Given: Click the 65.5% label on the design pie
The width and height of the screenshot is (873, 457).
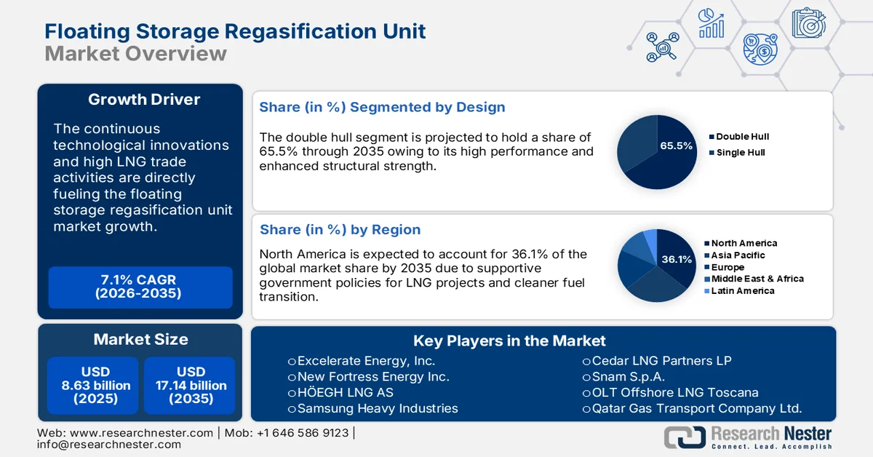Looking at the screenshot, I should pyautogui.click(x=676, y=146).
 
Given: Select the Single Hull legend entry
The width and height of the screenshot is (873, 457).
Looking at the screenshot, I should pyautogui.click(x=740, y=152).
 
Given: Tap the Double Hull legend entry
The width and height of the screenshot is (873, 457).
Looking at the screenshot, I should pyautogui.click(x=742, y=136).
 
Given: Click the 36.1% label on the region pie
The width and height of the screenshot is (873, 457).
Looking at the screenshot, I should pyautogui.click(x=677, y=259).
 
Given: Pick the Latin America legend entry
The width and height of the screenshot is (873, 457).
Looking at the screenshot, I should pyautogui.click(x=742, y=290).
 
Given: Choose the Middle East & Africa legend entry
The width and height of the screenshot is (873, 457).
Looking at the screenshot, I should pyautogui.click(x=757, y=279).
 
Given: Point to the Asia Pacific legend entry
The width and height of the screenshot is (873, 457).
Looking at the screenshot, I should pyautogui.click(x=738, y=255).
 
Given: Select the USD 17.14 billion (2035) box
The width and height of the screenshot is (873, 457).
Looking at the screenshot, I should pyautogui.click(x=191, y=385).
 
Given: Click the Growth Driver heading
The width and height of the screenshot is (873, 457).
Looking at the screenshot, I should pyautogui.click(x=144, y=100).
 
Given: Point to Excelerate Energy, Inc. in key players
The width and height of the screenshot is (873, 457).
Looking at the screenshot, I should pyautogui.click(x=366, y=360).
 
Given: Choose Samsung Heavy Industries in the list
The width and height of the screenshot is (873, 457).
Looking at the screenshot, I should pyautogui.click(x=377, y=408).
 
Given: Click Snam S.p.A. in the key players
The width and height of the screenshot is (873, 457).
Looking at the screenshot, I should pyautogui.click(x=628, y=376).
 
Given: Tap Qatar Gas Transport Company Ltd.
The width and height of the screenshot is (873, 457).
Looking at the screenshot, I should pyautogui.click(x=696, y=408).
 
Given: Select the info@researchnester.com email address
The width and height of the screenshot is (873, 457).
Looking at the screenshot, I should pyautogui.click(x=109, y=444).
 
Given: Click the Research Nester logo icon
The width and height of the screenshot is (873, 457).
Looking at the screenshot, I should pyautogui.click(x=684, y=436).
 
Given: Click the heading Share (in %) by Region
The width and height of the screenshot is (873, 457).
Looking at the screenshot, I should pyautogui.click(x=340, y=229).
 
